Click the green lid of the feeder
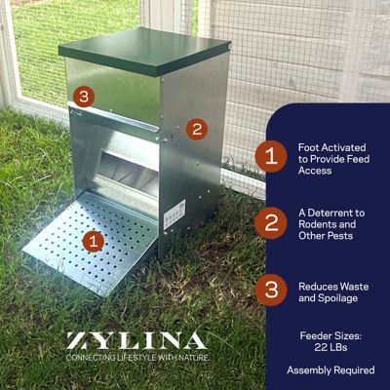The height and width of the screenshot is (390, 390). (x=143, y=52)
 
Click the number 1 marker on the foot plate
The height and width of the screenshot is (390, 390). (x=93, y=239)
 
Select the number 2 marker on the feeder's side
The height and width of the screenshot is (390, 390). (x=196, y=128)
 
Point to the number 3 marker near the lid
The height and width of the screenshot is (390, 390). (x=85, y=96)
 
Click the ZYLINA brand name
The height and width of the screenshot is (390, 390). (x=136, y=341)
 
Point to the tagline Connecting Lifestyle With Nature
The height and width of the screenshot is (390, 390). (x=136, y=359)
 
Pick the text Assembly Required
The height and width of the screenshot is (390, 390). (x=331, y=370)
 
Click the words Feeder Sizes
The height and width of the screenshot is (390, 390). (x=331, y=334)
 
